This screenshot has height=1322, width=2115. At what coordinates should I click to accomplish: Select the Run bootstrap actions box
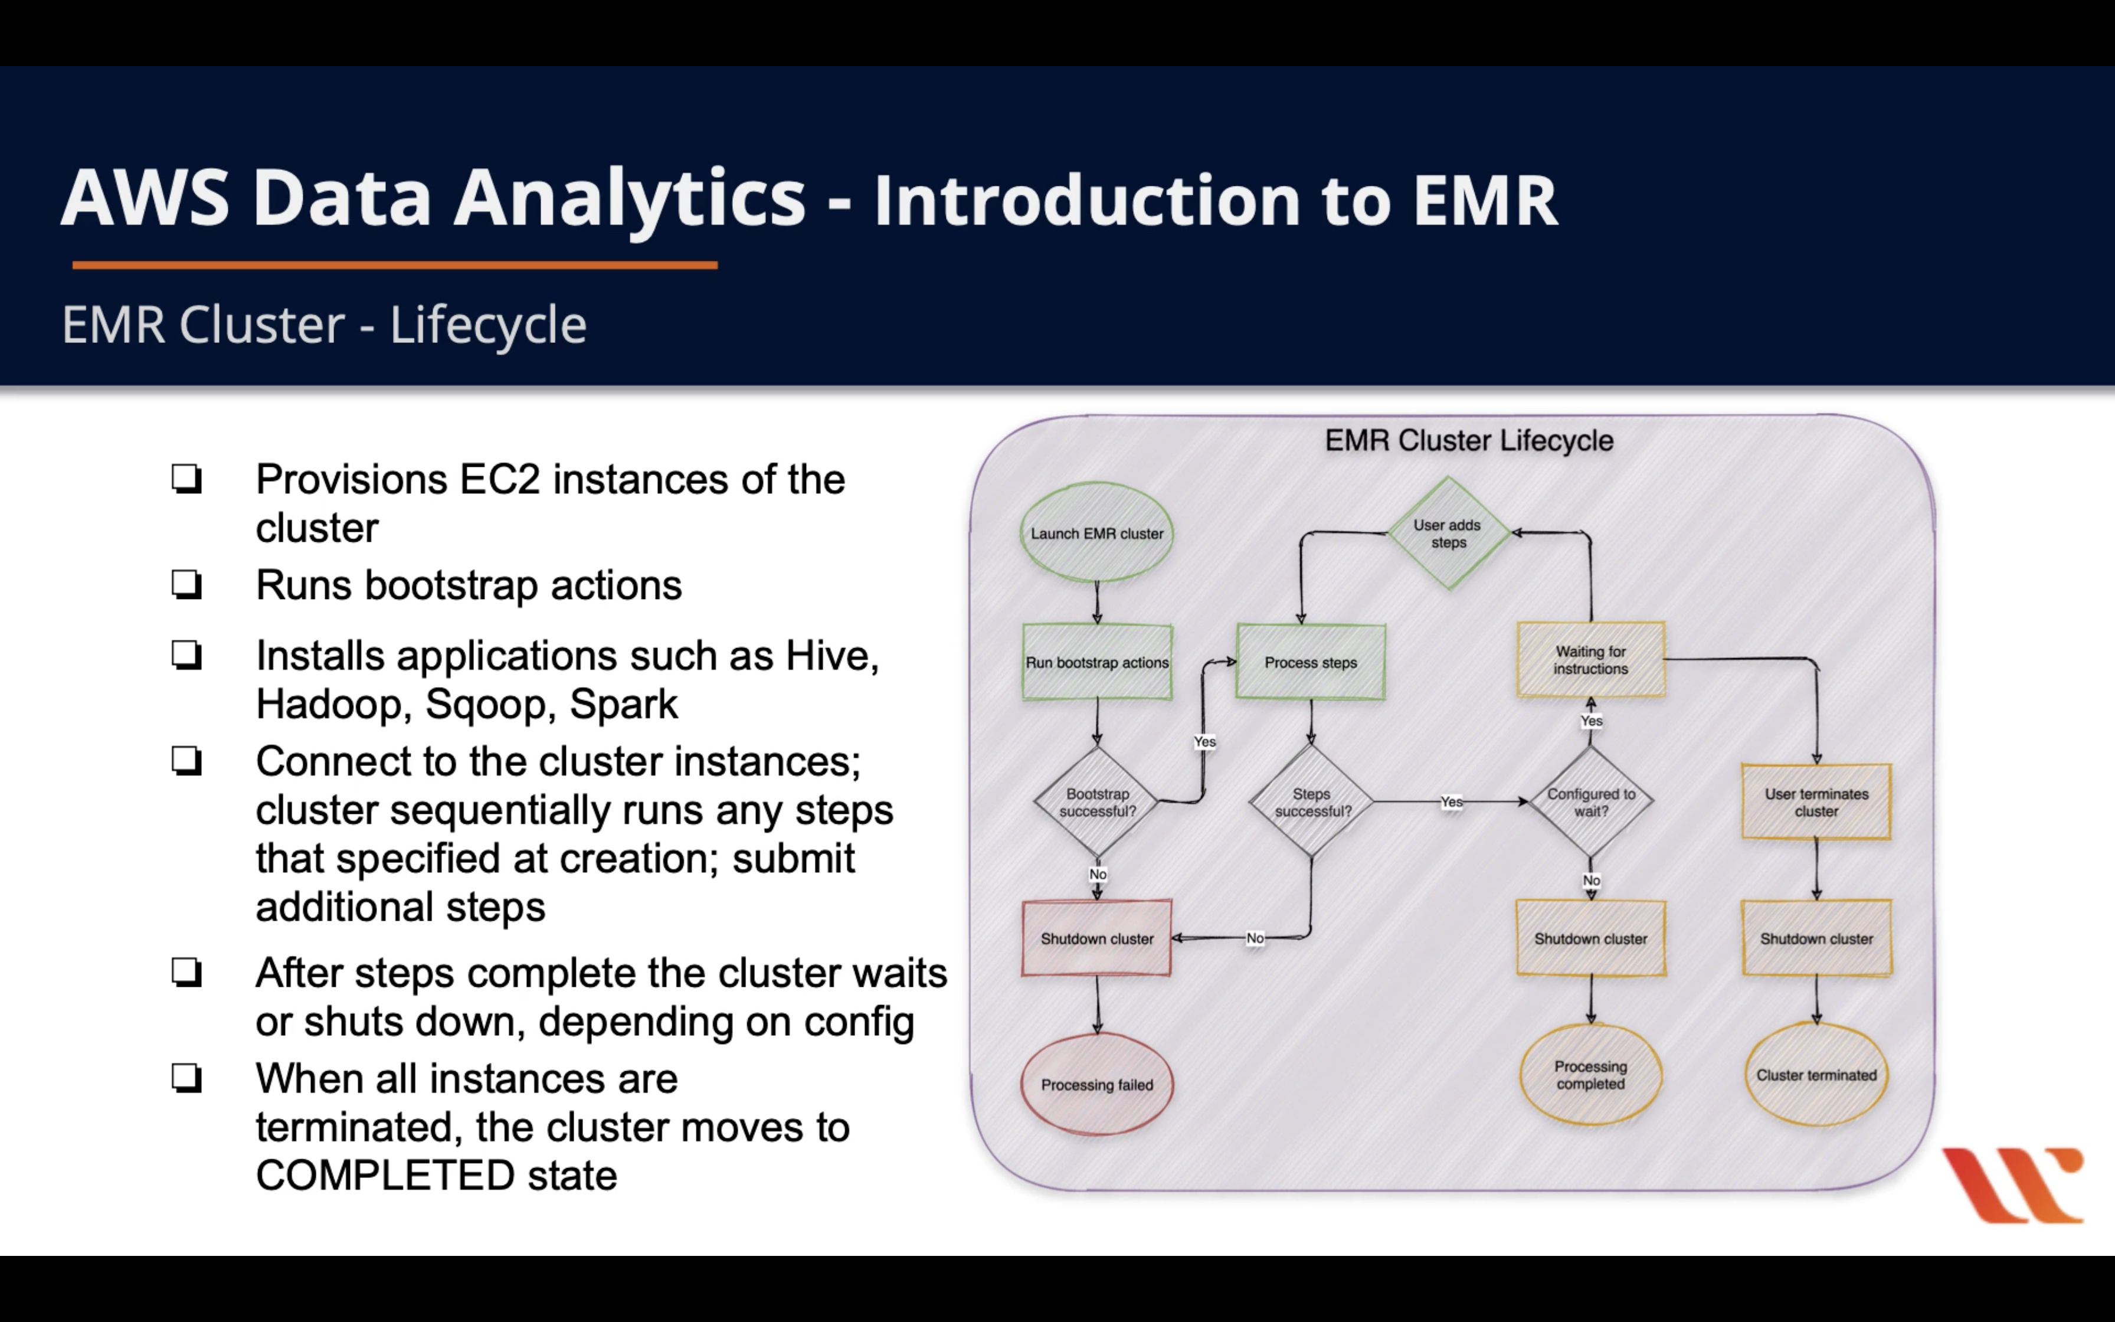pyautogui.click(x=1097, y=662)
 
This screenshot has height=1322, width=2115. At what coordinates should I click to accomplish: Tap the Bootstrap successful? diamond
pyautogui.click(x=1097, y=802)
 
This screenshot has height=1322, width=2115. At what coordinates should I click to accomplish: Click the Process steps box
pyautogui.click(x=1310, y=662)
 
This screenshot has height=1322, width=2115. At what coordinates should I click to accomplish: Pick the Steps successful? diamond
pyautogui.click(x=1311, y=802)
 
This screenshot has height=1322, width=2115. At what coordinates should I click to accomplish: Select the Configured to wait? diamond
pyautogui.click(x=1590, y=802)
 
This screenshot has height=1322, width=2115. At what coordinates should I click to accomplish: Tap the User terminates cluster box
pyautogui.click(x=1816, y=802)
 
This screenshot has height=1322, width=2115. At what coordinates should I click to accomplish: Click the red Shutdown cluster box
pyautogui.click(x=1097, y=938)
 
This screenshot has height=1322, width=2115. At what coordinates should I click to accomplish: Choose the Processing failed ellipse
pyautogui.click(x=1097, y=1084)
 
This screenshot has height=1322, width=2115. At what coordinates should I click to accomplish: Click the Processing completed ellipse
pyautogui.click(x=1590, y=1075)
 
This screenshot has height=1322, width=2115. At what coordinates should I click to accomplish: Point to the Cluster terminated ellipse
pyautogui.click(x=1816, y=1075)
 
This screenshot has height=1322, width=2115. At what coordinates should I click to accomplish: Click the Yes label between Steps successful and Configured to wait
pyautogui.click(x=1451, y=802)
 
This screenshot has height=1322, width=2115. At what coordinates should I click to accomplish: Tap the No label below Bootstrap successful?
pyautogui.click(x=1098, y=874)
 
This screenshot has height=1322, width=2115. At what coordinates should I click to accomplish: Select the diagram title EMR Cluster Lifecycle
pyautogui.click(x=1468, y=440)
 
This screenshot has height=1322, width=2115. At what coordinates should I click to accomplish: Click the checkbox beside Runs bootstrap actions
pyautogui.click(x=186, y=584)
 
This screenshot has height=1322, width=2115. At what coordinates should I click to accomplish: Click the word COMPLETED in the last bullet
pyautogui.click(x=385, y=1175)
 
